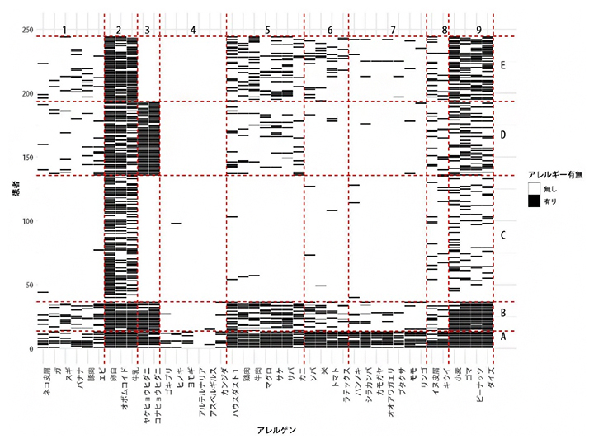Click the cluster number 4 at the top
[192, 31]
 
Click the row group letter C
[502, 235]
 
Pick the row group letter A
[502, 338]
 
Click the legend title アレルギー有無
[555, 173]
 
